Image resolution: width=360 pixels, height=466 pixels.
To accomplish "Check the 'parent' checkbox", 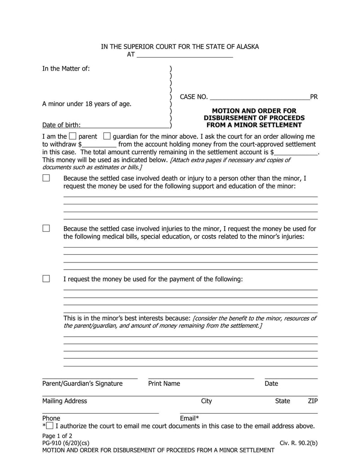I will pos(73,136).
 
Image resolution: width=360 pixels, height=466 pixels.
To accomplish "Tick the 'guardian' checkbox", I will pos(107,136).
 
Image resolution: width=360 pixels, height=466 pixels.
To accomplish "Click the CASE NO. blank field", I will pos(260,97).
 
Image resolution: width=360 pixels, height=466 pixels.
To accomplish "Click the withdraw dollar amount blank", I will pos(99,145).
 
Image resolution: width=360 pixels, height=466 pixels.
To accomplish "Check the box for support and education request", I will pos(46,178).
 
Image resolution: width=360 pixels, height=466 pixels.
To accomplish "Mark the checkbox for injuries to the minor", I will pos(46,228).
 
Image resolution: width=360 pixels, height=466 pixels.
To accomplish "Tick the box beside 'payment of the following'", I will pos(46,279).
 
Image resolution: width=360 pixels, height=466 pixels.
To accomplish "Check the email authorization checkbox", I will pos(49,425).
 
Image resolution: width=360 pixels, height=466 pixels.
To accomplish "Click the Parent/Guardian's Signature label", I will pos(82,384).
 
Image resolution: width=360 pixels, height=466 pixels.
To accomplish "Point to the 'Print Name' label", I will pos(164,384).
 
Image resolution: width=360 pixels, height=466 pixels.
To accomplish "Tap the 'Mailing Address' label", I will pos(65,401).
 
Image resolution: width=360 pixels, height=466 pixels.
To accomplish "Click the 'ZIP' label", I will pos(313,401).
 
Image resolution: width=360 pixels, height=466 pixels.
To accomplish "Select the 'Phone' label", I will pos(51,418).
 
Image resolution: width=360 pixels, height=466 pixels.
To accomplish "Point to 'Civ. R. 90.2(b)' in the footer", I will pos(298,443).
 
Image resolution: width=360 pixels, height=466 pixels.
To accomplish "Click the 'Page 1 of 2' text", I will pos(57,436).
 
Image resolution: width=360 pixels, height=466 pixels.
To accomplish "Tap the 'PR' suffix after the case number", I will pos(314,97).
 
